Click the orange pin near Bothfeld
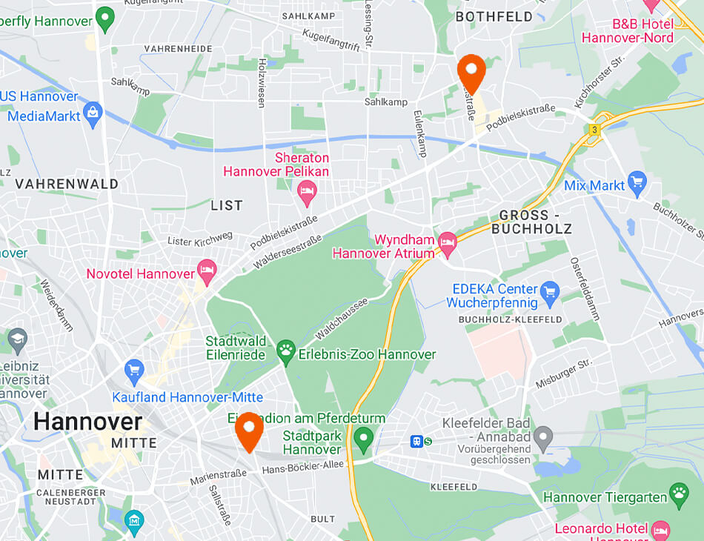point(471,71)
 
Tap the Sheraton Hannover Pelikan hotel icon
point(306,195)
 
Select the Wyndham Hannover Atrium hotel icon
point(447,242)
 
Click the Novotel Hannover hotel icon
point(207,270)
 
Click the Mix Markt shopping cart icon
point(637,181)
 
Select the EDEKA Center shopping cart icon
point(549,291)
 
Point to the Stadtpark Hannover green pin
point(363,440)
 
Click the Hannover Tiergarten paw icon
point(679,493)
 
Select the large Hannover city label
point(87,422)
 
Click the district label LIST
point(227,205)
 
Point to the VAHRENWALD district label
point(67,184)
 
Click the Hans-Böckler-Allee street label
point(303,469)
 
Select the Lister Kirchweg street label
point(200,239)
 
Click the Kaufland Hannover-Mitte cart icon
point(134,369)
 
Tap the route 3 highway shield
point(594,130)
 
